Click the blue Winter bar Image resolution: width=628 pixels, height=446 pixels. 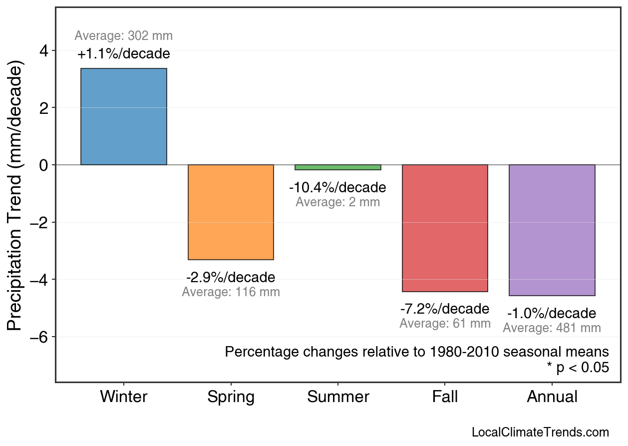[124, 116]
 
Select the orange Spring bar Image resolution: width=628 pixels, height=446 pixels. [231, 212]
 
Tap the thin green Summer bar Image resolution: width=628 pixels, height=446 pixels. [338, 167]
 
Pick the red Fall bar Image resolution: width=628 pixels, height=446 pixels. [445, 228]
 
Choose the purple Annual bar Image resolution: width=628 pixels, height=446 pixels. [552, 230]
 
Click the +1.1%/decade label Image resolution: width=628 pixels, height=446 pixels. [124, 53]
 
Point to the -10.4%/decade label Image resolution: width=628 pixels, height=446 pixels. [338, 188]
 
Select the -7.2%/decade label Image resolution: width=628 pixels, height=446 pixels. [445, 308]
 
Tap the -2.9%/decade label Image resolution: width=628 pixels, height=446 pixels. [231, 277]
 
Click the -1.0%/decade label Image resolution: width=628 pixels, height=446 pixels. [552, 313]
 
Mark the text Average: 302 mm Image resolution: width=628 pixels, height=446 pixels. [124, 36]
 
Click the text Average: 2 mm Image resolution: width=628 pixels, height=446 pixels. [338, 202]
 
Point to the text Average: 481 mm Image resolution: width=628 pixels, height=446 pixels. [552, 328]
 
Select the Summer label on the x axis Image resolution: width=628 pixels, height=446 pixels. [338, 397]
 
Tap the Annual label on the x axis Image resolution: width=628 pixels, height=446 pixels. [552, 397]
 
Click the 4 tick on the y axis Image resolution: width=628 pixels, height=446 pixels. [43, 51]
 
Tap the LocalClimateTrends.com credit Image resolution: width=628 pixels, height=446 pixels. [540, 433]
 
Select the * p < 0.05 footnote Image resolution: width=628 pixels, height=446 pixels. [578, 368]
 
